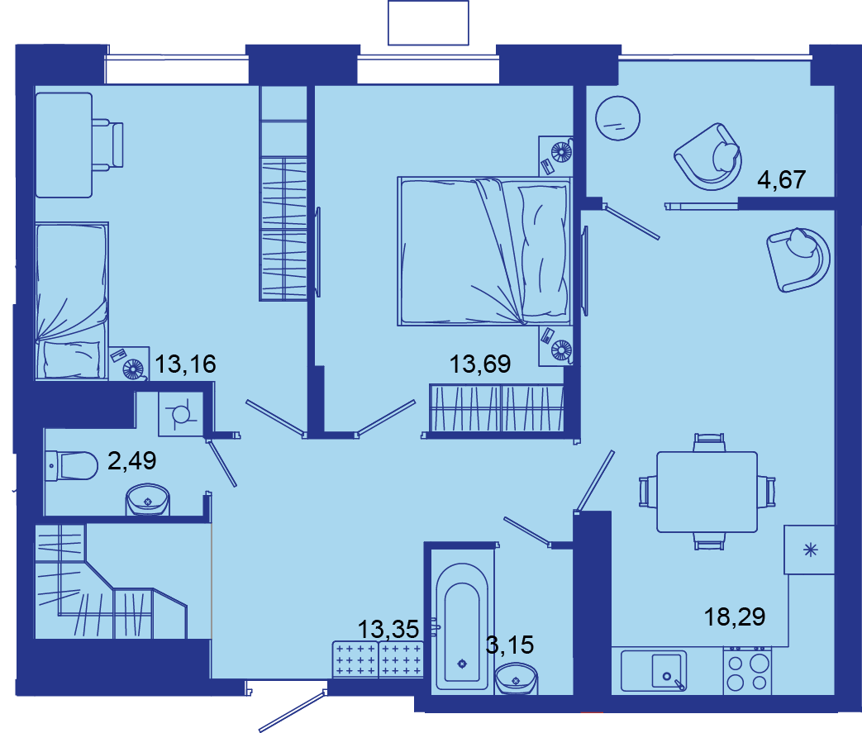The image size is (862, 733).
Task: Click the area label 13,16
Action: tap(185, 364)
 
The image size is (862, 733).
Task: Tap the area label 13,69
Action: tap(480, 364)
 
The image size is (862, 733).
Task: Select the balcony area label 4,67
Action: tap(781, 180)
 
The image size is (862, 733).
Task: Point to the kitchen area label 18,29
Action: tap(735, 617)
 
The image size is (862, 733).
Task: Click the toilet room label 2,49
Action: tap(132, 460)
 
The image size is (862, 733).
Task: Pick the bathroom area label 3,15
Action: tap(510, 645)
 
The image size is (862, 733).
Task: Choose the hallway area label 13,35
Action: tap(388, 629)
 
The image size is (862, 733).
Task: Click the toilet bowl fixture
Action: tap(71, 466)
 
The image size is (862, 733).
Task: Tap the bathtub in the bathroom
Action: tap(462, 626)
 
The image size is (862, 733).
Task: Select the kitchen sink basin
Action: tap(669, 670)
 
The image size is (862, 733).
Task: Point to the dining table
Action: tap(707, 492)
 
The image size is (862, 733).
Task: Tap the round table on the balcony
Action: tap(618, 118)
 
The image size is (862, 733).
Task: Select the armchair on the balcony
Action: tap(708, 157)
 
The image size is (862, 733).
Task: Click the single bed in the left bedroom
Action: tap(71, 301)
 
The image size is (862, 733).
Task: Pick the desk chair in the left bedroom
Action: tap(107, 145)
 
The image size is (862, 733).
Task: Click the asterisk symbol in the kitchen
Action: tap(810, 550)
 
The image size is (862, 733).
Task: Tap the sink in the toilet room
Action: tap(147, 499)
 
